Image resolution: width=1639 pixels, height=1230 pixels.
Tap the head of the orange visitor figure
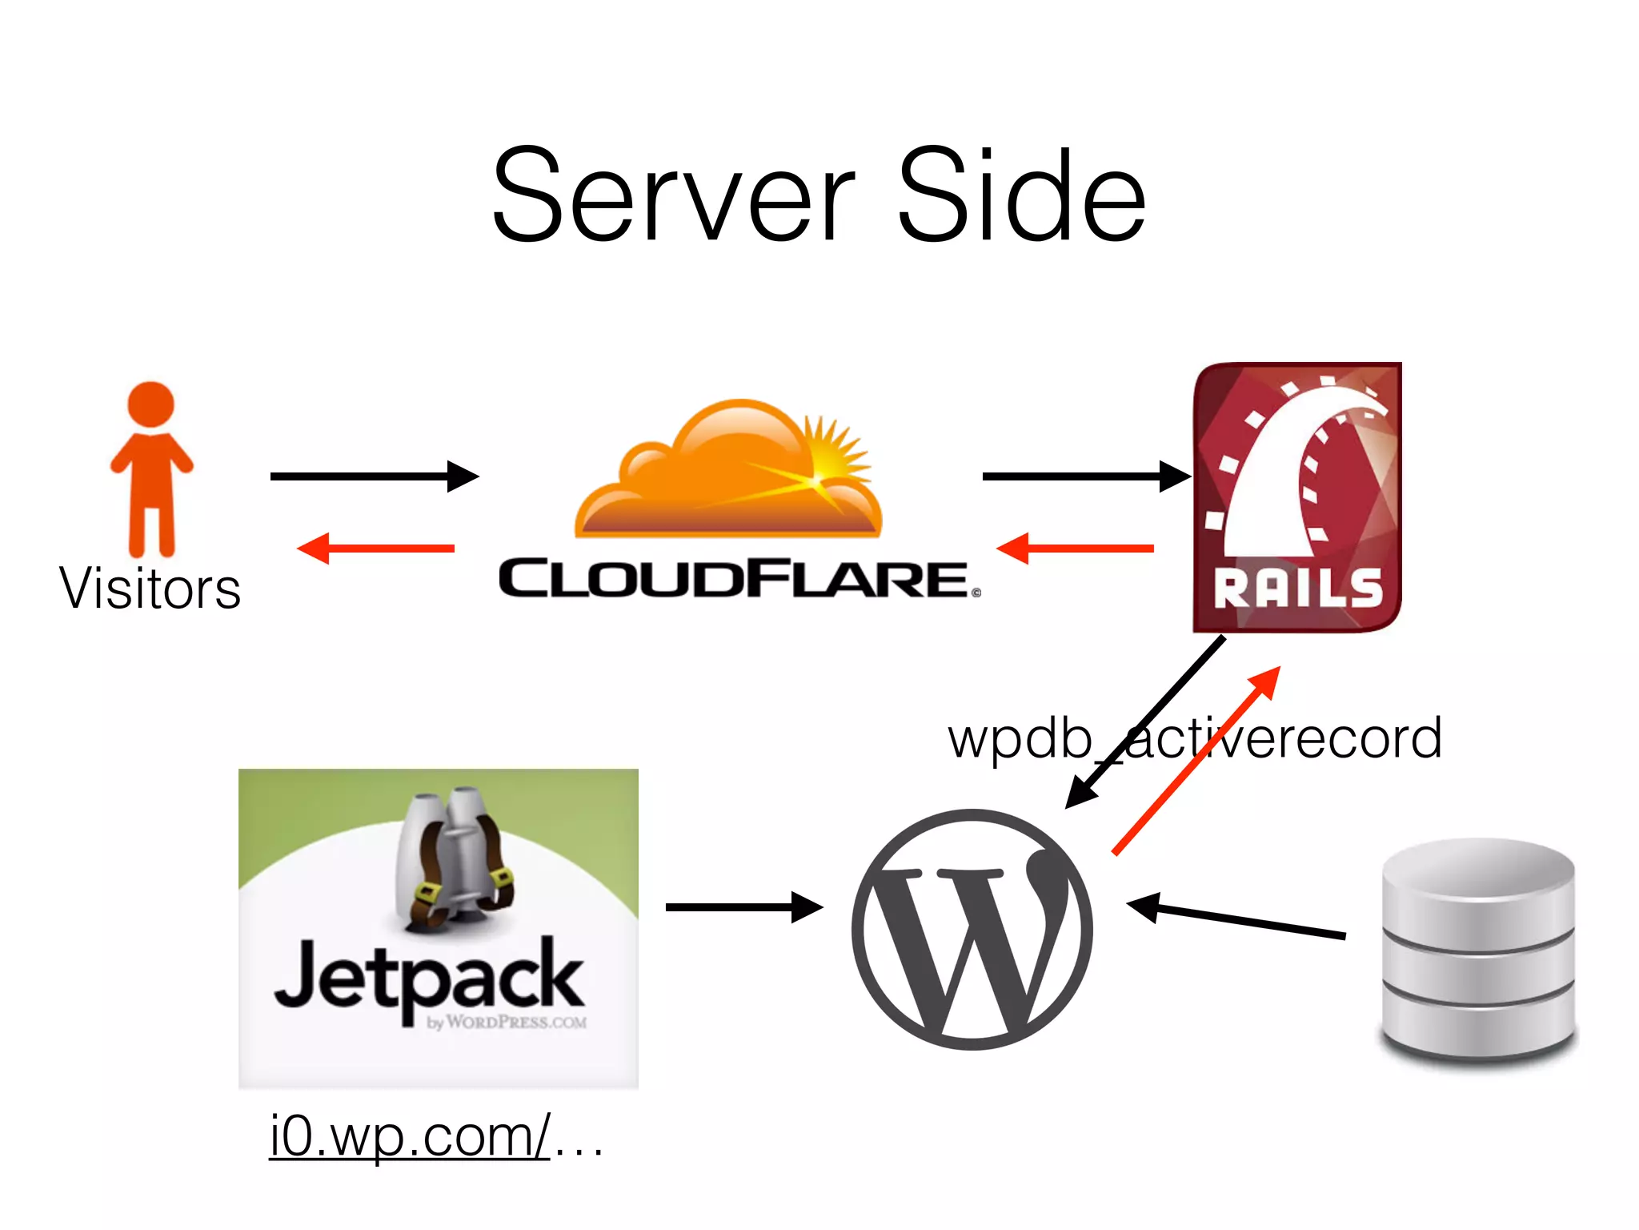coord(150,404)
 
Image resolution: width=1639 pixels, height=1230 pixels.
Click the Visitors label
coord(150,589)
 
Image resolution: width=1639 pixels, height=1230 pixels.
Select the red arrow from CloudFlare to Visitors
coord(376,549)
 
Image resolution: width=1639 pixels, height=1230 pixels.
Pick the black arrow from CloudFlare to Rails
coord(1084,476)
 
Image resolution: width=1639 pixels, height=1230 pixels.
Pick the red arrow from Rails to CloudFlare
coord(1076,549)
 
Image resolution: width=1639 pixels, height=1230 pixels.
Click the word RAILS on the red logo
coord(1297,589)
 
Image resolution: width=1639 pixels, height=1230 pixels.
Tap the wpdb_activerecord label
coord(1195,738)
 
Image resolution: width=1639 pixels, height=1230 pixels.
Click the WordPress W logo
coord(972,929)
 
